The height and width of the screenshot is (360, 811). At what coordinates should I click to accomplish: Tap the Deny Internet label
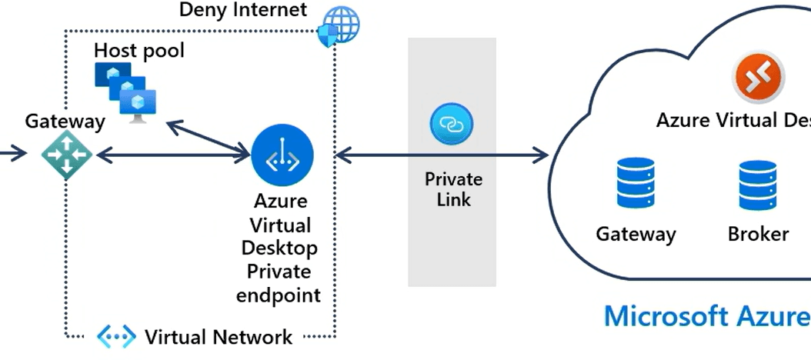(242, 10)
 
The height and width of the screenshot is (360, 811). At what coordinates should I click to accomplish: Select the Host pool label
(139, 51)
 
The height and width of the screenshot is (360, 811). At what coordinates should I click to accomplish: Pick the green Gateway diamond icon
(67, 155)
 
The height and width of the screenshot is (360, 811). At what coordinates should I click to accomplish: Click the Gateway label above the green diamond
(65, 122)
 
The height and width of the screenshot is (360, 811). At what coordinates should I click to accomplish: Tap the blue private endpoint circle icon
(282, 155)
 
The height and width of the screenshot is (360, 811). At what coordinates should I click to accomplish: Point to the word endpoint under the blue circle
(278, 295)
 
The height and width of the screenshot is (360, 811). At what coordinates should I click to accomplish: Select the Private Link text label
(453, 189)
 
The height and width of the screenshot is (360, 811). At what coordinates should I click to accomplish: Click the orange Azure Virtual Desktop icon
(758, 78)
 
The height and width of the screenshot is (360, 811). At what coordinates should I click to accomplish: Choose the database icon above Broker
(757, 185)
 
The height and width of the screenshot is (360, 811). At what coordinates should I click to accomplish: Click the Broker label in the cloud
(758, 234)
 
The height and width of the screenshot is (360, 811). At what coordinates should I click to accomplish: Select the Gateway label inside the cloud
(636, 234)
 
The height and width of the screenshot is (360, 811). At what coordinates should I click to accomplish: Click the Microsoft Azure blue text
(706, 316)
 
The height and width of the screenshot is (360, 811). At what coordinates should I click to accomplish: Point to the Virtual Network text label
(219, 337)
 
